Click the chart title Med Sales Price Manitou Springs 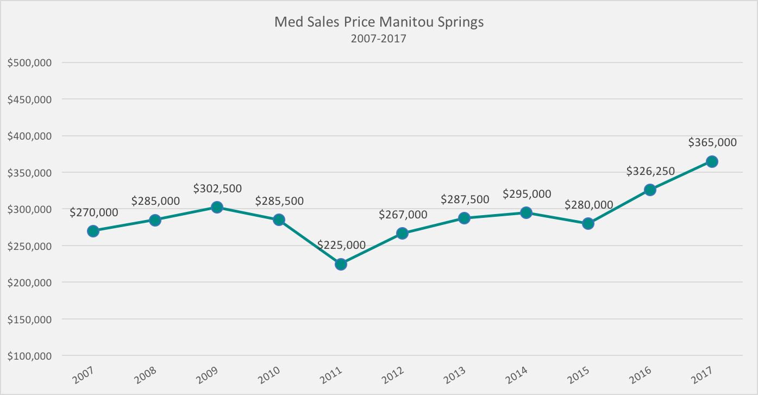click(379, 22)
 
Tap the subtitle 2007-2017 click(379, 39)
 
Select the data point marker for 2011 click(341, 264)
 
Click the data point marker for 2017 click(712, 161)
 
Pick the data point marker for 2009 click(217, 207)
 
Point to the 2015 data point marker click(588, 223)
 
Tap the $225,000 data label click(341, 245)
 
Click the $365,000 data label click(712, 142)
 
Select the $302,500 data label click(217, 188)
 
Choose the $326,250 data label click(650, 171)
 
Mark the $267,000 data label click(403, 215)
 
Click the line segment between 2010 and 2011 click(310, 242)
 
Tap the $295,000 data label click(527, 194)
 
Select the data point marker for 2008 click(155, 220)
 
